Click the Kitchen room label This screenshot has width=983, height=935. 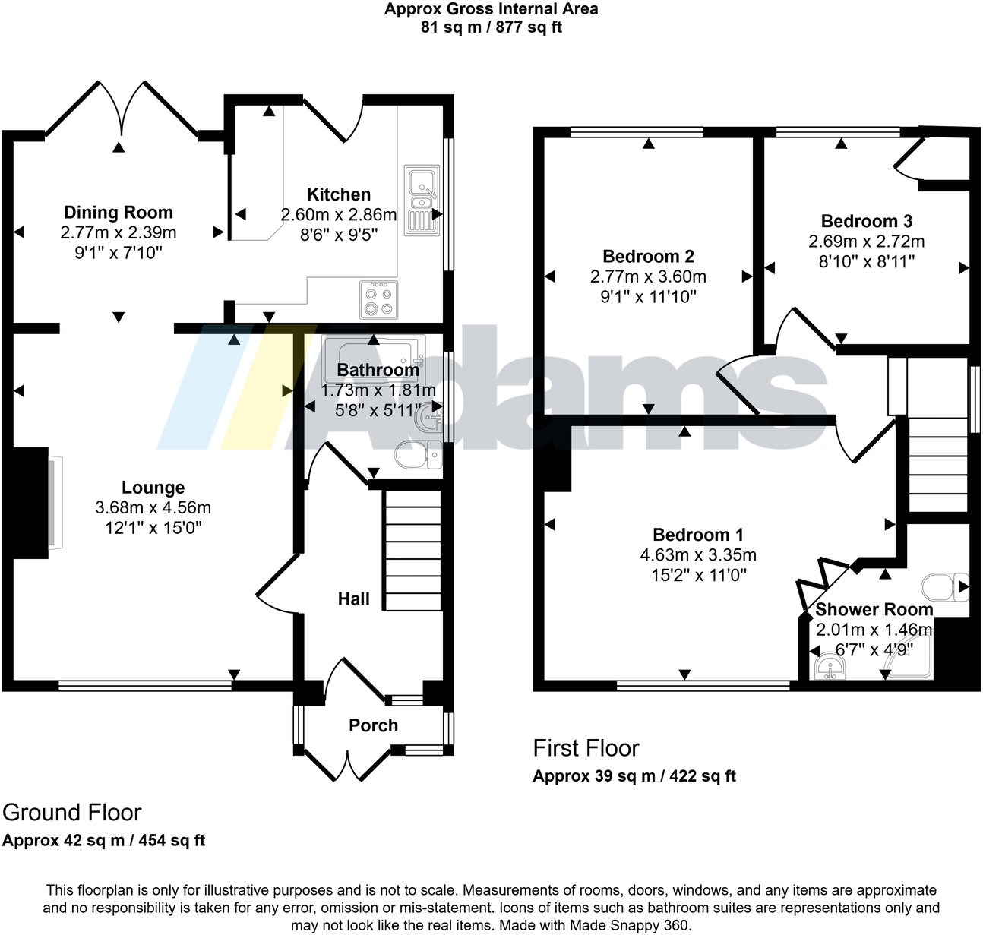pos(339,194)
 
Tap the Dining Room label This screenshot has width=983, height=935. pos(119,213)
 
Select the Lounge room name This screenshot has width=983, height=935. pos(153,488)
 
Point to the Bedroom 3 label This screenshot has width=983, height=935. pos(867,221)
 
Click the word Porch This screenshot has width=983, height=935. pos(374,725)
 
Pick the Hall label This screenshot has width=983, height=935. pos(354,599)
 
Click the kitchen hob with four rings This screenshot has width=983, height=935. pos(378,300)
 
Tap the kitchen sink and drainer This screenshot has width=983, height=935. pos(422,200)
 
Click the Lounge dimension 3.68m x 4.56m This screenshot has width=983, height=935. pos(153,507)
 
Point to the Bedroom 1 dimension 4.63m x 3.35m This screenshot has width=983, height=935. pos(698,555)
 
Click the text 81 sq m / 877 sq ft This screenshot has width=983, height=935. pos(492,28)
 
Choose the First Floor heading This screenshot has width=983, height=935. pos(586,748)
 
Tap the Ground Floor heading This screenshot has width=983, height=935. pos(72,813)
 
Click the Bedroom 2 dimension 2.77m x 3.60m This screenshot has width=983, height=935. pos(648,276)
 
